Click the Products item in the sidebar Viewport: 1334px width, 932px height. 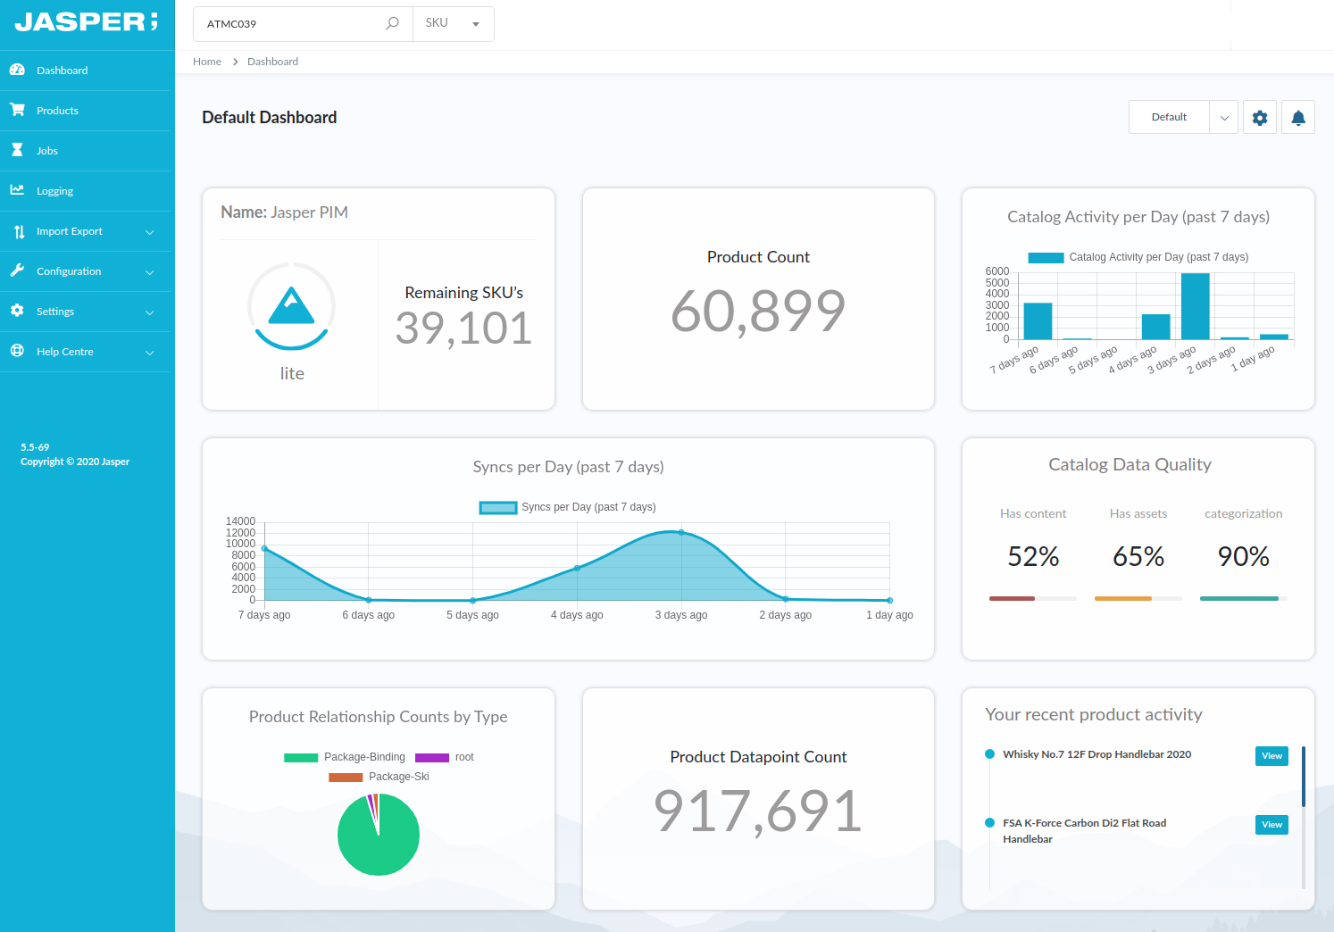point(57,111)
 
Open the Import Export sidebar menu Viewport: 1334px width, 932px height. point(70,231)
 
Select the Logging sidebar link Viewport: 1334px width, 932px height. point(54,191)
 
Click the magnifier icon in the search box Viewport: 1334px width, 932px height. point(392,23)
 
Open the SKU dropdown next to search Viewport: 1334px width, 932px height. point(454,23)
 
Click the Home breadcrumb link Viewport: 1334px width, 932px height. point(207,62)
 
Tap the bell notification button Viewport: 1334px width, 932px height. point(1298,118)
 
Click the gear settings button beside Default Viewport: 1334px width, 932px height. point(1260,118)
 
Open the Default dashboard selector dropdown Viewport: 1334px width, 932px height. point(1182,117)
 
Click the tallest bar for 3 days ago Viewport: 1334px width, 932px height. point(1195,306)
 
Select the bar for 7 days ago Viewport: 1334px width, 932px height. point(1038,321)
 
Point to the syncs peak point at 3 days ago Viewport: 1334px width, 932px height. point(681,532)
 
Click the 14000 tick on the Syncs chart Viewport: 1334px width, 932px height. point(240,521)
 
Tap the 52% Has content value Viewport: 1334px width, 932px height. point(1033,557)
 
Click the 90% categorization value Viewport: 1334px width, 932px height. point(1243,557)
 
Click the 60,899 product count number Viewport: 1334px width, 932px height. point(758,312)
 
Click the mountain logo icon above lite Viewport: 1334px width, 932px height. point(292,306)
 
